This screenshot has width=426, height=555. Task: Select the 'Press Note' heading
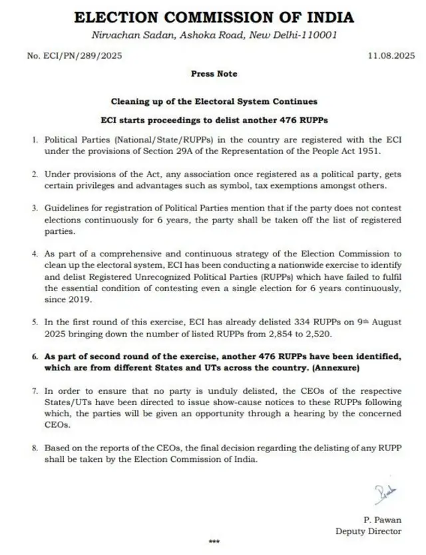[x=213, y=74]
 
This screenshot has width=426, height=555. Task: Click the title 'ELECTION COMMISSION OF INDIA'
[x=214, y=17]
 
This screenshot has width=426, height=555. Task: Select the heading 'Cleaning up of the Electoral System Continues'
[x=213, y=101]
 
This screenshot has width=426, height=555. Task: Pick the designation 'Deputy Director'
[x=369, y=531]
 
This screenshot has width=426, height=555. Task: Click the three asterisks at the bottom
[x=214, y=542]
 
